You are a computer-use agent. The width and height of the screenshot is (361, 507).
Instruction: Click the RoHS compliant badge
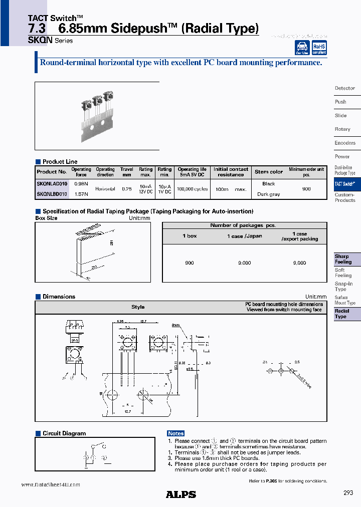point(319,48)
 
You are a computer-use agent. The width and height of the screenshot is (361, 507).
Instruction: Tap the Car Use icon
point(302,48)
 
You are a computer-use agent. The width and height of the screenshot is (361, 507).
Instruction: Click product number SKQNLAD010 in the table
point(52,184)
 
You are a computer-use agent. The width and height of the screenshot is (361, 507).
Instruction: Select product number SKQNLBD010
point(52,194)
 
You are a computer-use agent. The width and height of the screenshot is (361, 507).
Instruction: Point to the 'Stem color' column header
point(269,172)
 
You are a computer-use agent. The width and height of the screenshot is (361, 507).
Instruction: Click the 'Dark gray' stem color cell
point(268,194)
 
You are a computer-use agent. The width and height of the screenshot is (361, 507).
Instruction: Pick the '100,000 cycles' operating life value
point(192,189)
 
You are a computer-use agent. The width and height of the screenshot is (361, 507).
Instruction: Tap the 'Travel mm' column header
point(127,172)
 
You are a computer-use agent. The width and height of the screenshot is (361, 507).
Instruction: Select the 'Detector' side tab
point(345,88)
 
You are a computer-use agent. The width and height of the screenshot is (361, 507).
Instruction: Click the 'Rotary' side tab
point(342,129)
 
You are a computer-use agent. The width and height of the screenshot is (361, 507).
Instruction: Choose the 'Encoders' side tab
point(345,143)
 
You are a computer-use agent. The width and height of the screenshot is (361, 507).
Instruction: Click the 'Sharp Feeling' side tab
point(343,259)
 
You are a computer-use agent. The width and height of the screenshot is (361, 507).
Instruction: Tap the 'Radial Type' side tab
point(342,314)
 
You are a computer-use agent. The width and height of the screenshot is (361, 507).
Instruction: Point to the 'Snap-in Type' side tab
point(343,287)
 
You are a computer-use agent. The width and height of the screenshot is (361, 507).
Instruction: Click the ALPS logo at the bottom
point(180,494)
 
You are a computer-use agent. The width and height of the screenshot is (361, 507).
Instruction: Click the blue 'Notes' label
point(176,433)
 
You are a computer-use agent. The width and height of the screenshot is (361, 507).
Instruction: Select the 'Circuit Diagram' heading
point(64,433)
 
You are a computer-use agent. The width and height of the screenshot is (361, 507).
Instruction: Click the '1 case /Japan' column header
point(244,236)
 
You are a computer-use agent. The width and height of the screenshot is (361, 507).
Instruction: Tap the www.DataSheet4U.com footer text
point(51,484)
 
